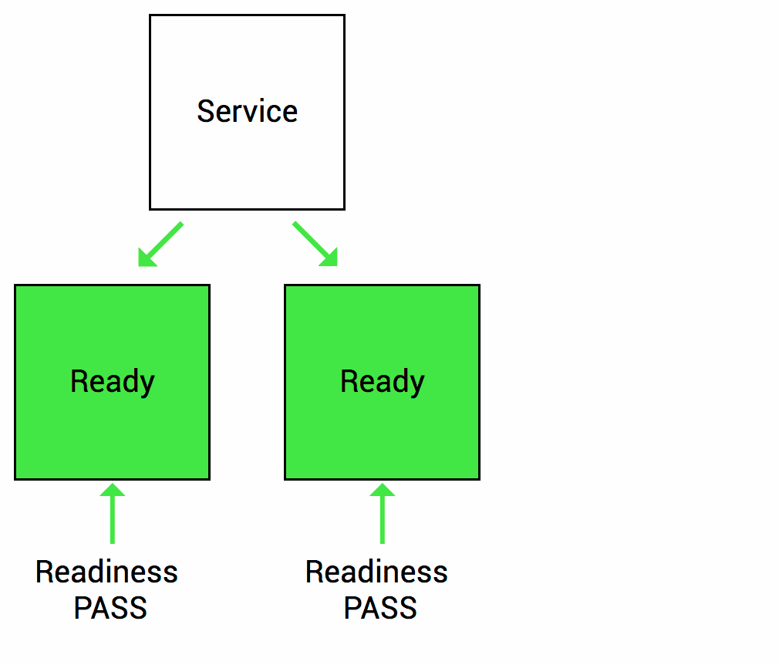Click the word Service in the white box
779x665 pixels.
click(x=247, y=111)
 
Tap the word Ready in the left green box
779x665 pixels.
click(x=113, y=382)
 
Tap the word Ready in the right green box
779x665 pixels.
click(x=383, y=382)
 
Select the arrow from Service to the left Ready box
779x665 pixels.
click(x=161, y=244)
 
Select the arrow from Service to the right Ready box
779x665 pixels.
click(x=315, y=244)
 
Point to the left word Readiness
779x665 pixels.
click(x=106, y=572)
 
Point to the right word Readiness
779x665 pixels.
click(x=376, y=572)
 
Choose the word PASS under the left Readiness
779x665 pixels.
click(x=110, y=608)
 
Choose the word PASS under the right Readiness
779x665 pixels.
click(x=380, y=608)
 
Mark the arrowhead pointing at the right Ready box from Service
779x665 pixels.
click(x=329, y=258)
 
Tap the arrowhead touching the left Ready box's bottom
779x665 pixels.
click(x=113, y=489)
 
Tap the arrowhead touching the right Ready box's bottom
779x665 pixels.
click(x=383, y=489)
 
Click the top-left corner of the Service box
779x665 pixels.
click(x=150, y=15)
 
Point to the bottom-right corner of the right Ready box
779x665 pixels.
click(x=479, y=478)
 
